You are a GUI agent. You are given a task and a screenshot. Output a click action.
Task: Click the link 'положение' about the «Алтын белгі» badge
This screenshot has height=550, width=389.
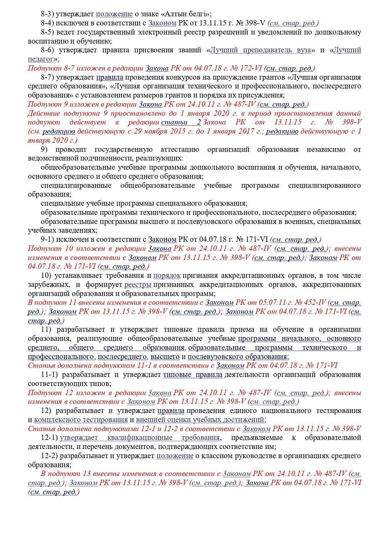pyautogui.click(x=114, y=14)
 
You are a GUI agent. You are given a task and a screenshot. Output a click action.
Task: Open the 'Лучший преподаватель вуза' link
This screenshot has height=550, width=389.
pyautogui.click(x=260, y=50)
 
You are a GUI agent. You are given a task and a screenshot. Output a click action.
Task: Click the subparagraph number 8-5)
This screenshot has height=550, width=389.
pyautogui.click(x=48, y=32)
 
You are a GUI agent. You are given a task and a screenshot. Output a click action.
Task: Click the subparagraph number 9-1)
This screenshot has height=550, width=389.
pyautogui.click(x=48, y=240)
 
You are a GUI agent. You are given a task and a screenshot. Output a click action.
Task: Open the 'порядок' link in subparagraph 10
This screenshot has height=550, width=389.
pyautogui.click(x=167, y=276)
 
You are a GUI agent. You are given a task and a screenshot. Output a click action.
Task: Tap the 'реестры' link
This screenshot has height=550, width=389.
pyautogui.click(x=138, y=285)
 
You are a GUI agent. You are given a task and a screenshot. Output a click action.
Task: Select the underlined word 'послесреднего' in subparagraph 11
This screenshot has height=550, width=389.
pyautogui.click(x=122, y=357)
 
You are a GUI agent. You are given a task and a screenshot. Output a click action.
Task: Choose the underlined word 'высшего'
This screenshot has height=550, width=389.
pyautogui.click(x=165, y=357)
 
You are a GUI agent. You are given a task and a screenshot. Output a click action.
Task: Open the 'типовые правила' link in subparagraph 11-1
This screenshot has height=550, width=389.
pyautogui.click(x=193, y=375)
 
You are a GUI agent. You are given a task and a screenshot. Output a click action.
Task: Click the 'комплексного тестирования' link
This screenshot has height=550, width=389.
pyautogui.click(x=81, y=420)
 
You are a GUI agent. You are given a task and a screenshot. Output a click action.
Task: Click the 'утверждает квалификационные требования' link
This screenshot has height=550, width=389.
pyautogui.click(x=140, y=437)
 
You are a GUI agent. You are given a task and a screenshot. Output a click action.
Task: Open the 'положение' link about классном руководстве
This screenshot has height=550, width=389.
pyautogui.click(x=175, y=456)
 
